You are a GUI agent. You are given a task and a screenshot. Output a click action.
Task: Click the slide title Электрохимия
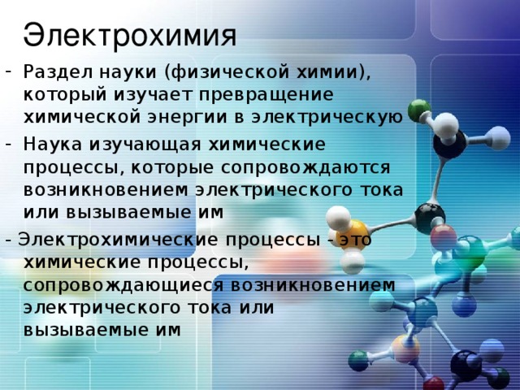coord(130,35)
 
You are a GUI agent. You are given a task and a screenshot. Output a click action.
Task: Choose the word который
coord(57,95)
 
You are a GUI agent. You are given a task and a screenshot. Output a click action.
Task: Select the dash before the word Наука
coord(8,145)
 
